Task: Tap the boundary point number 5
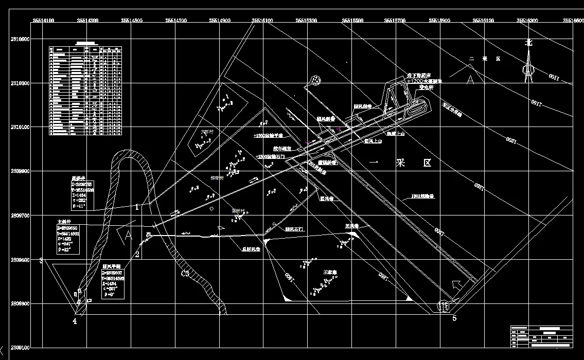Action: point(454,318)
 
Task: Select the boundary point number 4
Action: point(75,321)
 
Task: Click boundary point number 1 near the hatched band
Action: point(137,207)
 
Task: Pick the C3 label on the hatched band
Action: point(185,274)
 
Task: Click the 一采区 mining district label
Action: point(400,163)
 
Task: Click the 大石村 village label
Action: point(206,132)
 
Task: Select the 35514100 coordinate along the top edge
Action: point(44,21)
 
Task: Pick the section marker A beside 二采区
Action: point(470,80)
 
